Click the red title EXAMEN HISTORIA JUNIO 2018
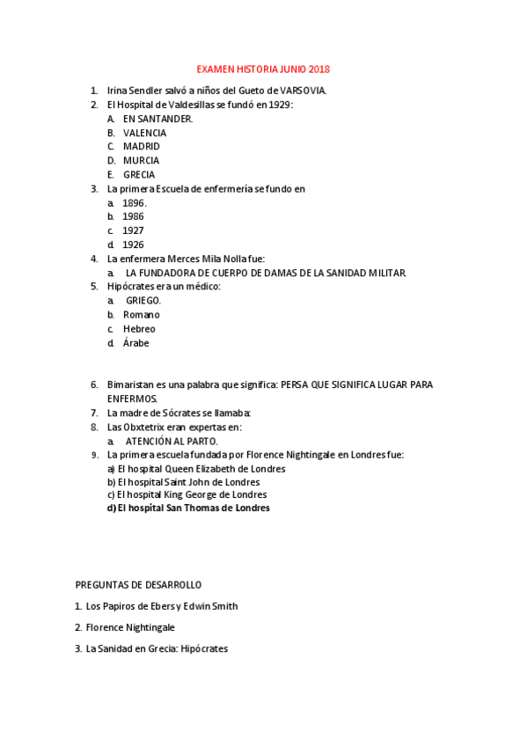(263, 69)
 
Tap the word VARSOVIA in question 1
(304, 91)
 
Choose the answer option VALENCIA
(144, 133)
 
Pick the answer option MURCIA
(141, 161)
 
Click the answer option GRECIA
(139, 175)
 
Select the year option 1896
(134, 203)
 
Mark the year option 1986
(134, 216)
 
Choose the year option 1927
(134, 230)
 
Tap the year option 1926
(134, 245)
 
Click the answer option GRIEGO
(143, 301)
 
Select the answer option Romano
(141, 315)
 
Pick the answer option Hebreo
(139, 329)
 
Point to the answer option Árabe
(136, 343)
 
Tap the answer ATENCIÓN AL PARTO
(171, 441)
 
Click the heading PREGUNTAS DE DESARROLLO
(138, 584)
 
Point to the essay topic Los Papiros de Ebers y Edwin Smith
(162, 606)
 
